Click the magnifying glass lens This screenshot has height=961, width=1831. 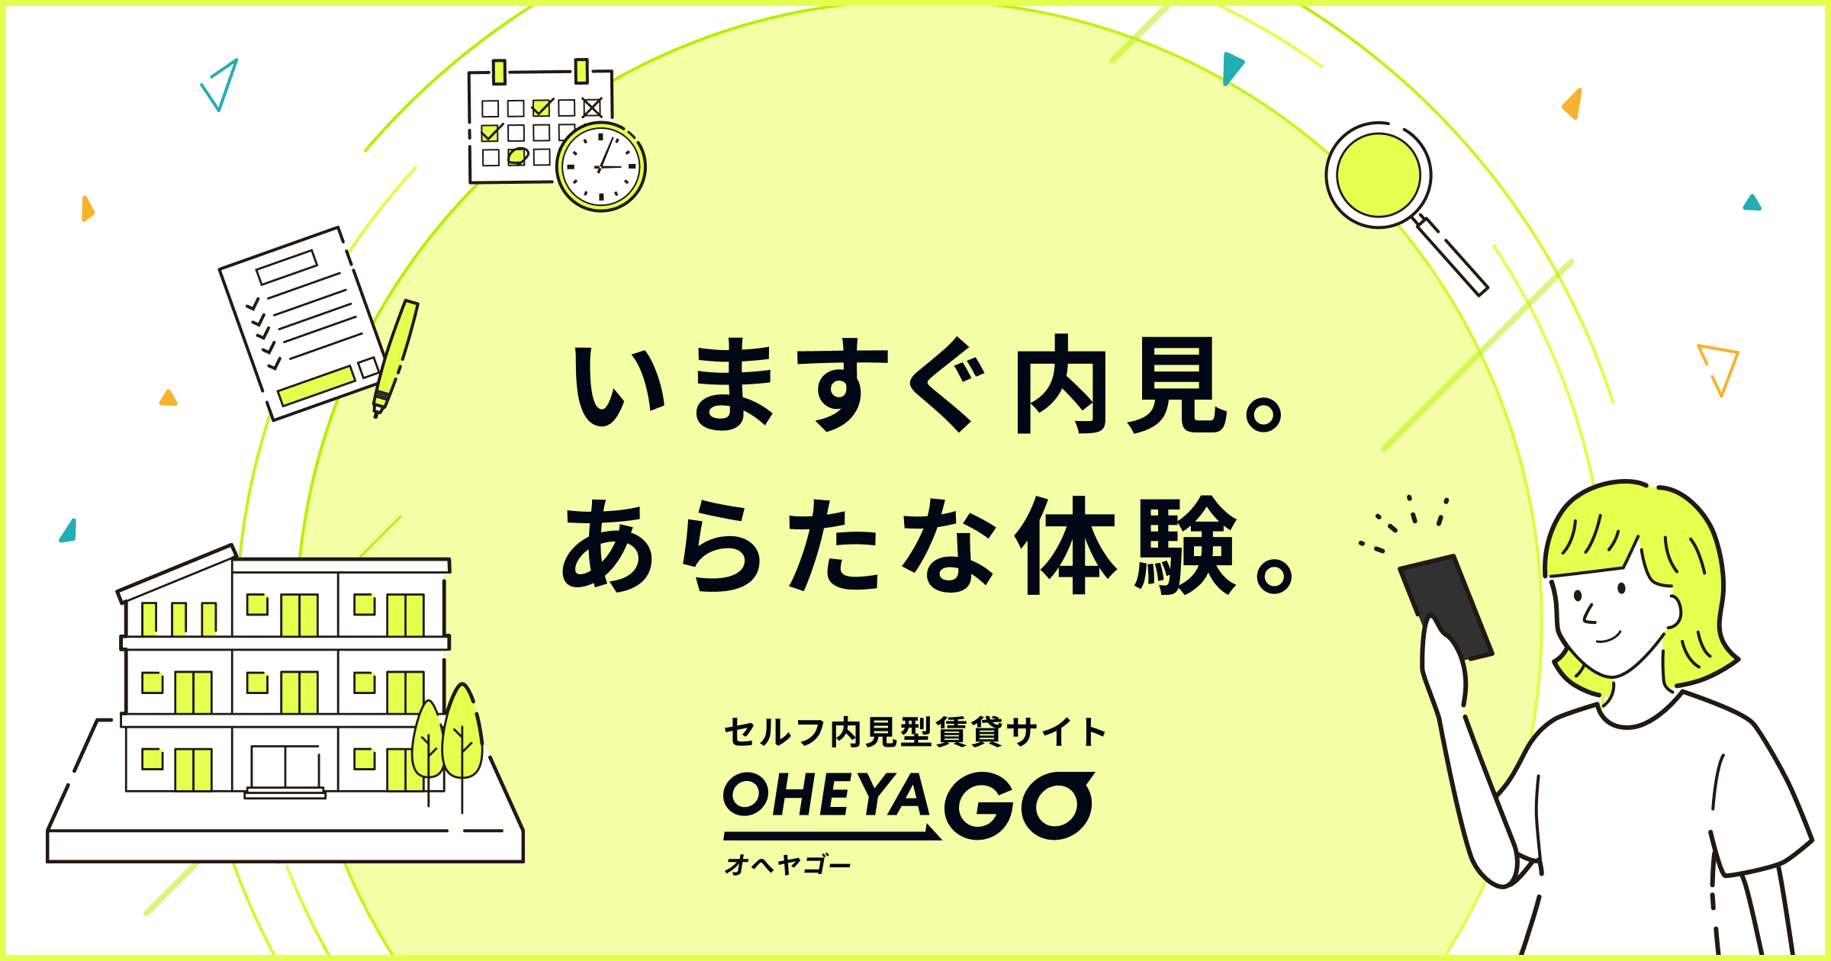[1378, 175]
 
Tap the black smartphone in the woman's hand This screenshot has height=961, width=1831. [1445, 607]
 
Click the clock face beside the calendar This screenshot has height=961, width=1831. [601, 166]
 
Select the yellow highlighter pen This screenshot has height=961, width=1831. [395, 357]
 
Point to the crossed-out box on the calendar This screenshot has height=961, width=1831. [592, 108]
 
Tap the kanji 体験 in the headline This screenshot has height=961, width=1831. [1128, 545]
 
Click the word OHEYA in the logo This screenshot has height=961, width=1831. [826, 794]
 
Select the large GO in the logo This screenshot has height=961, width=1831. [1019, 805]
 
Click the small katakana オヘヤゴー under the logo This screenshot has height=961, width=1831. [787, 865]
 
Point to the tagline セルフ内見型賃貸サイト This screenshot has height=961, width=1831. [915, 731]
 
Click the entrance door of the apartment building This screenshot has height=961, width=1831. [285, 767]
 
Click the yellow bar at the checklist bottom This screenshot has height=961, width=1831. [317, 386]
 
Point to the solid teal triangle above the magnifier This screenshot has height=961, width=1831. [1232, 68]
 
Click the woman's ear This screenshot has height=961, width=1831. [1672, 609]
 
